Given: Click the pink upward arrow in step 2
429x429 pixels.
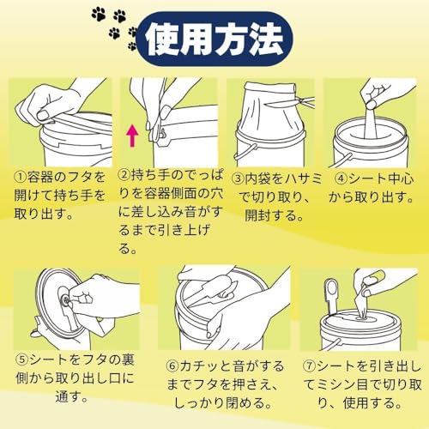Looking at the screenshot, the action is point(132,136).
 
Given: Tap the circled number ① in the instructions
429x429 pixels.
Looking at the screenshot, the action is point(21,178).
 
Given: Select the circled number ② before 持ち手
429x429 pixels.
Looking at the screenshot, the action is point(124,175).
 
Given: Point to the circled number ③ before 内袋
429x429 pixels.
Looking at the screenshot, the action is point(238,178).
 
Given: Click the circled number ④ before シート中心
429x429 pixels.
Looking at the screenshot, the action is point(341,178).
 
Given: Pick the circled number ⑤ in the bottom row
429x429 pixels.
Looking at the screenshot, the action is point(22,360).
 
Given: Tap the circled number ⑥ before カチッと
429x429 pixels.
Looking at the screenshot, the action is point(172,366).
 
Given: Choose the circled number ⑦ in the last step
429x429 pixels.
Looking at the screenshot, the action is point(310,366).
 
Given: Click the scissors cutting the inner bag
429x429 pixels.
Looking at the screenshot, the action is point(290,102).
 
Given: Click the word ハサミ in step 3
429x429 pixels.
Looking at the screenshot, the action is point(303,178).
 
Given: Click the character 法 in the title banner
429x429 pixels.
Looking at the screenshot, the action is point(267,39).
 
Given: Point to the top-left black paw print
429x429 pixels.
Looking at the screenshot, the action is point(99,15).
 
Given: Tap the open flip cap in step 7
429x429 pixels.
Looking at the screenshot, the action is point(332,298).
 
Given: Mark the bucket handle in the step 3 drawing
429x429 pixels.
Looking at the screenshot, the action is point(245,153).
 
